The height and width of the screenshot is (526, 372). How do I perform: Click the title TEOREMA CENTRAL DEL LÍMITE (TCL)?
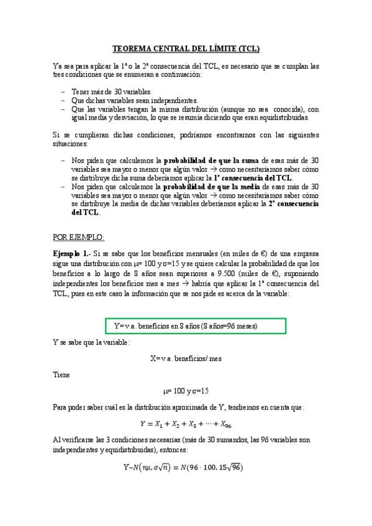point(186,48)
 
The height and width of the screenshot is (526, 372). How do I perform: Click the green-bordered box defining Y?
point(196,326)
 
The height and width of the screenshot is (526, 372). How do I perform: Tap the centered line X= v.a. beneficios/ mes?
point(186,359)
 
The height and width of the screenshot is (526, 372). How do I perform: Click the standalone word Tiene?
point(62,375)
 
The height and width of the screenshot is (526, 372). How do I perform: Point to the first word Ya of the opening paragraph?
point(58,66)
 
